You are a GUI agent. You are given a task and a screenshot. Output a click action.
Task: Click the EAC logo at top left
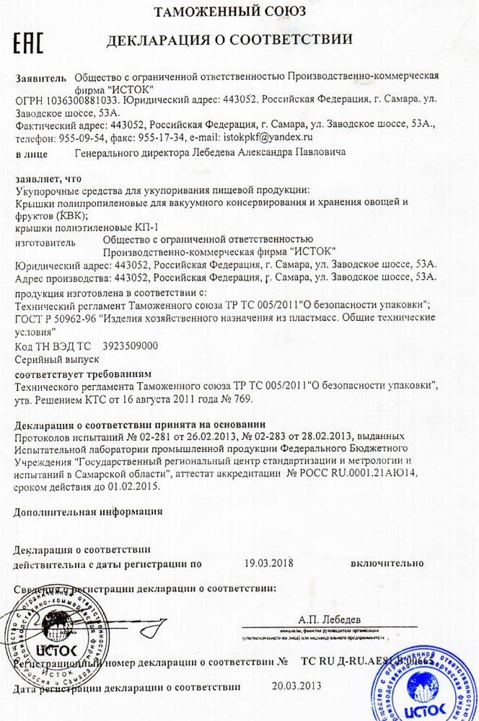(x=29, y=43)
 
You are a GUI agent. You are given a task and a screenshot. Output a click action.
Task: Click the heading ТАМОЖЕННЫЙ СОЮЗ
(x=230, y=11)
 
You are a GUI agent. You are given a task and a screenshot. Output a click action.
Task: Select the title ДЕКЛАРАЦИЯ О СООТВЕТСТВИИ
(x=229, y=40)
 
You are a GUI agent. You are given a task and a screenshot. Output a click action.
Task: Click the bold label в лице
(x=32, y=154)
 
